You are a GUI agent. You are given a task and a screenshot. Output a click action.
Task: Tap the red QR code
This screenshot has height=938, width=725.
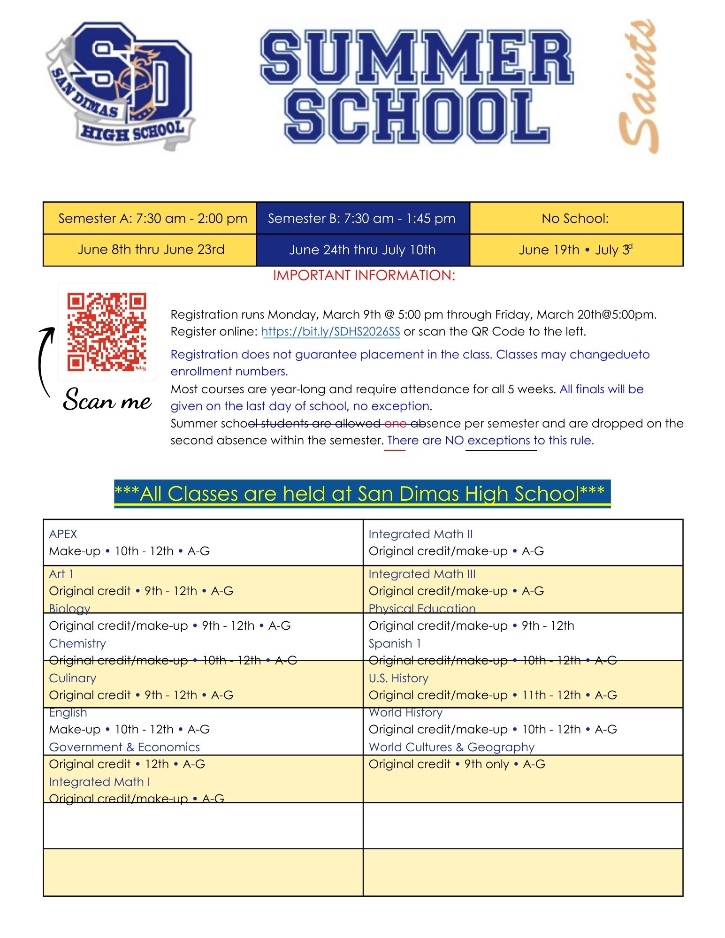tap(107, 332)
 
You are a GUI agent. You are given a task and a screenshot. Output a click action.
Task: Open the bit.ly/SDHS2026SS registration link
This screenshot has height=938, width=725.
tap(330, 332)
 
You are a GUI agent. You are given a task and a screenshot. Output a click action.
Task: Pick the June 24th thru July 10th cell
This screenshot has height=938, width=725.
tap(362, 250)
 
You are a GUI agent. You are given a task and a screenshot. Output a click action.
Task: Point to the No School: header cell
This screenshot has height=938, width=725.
tap(575, 218)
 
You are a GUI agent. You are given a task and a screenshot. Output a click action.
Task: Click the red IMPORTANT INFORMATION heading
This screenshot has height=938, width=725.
tap(364, 275)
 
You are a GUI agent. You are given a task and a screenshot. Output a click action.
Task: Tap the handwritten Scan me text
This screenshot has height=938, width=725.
tap(107, 400)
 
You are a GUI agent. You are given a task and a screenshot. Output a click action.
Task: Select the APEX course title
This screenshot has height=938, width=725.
tap(63, 534)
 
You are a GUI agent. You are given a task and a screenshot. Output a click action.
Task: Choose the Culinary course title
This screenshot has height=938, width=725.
tap(72, 678)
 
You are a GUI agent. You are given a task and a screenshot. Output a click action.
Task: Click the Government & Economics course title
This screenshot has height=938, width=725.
tap(124, 747)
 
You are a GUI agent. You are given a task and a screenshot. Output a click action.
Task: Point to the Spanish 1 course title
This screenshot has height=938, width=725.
tap(395, 643)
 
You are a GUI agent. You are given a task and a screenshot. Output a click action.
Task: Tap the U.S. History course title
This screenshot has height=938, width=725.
tap(398, 678)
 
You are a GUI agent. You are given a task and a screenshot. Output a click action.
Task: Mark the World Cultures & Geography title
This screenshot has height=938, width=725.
tap(451, 747)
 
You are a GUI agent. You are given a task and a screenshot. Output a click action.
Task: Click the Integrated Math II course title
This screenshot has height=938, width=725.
tap(420, 534)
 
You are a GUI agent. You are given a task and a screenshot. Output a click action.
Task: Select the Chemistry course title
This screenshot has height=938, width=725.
tap(77, 643)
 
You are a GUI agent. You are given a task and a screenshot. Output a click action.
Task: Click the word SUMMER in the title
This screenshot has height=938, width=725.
tap(417, 56)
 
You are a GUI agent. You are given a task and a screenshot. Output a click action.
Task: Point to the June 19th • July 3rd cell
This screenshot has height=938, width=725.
tap(575, 250)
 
